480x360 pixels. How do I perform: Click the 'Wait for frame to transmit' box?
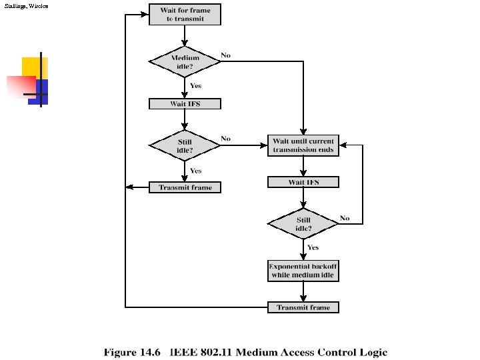tap(184, 15)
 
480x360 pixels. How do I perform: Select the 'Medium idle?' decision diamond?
tap(184, 61)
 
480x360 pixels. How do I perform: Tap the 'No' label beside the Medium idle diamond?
tap(226, 55)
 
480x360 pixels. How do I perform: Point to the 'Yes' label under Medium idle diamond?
tap(196, 85)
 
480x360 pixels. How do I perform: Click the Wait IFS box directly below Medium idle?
tap(184, 104)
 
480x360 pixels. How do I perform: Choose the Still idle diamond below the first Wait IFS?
tap(184, 146)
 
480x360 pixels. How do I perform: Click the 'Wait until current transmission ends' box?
tap(303, 145)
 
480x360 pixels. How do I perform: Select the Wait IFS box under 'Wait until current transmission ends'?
tap(303, 182)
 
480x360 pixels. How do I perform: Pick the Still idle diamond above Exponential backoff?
tap(303, 223)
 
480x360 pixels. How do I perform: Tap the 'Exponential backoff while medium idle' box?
tap(303, 271)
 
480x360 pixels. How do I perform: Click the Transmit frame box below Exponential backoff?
tap(303, 307)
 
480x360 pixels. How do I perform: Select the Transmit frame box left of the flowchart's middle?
tap(185, 187)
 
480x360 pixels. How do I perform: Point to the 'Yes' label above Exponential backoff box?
tap(313, 247)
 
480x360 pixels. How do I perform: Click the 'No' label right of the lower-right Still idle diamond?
tap(345, 218)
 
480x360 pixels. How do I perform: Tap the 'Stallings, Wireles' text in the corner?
tap(26, 5)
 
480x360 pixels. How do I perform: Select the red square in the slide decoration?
tap(20, 87)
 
